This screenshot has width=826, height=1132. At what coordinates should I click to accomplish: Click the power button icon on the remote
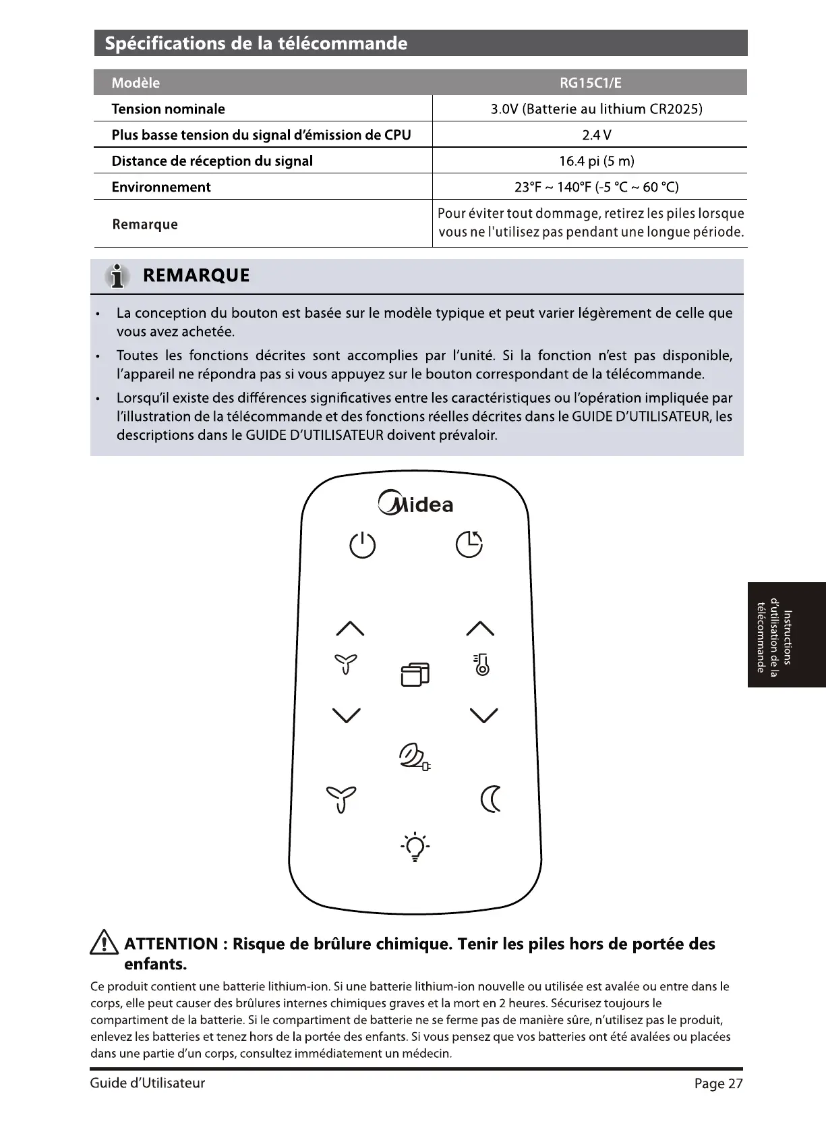tap(362, 545)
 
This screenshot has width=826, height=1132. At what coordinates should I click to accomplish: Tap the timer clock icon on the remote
tap(469, 544)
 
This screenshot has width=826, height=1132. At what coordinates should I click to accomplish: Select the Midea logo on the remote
tap(416, 504)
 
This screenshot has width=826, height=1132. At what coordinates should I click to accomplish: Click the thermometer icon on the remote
tap(481, 665)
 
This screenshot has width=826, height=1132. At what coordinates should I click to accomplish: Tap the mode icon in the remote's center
tap(415, 674)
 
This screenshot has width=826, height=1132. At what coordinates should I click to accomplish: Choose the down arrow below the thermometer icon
tap(483, 715)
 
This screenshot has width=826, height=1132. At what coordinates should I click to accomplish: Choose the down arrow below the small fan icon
tap(347, 715)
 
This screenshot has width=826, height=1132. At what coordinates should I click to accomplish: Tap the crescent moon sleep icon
tap(491, 799)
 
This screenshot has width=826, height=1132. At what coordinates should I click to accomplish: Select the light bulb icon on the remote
tap(415, 847)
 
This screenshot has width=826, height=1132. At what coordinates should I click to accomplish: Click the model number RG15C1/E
tap(590, 83)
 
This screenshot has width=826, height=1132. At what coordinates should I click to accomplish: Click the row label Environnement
tap(161, 187)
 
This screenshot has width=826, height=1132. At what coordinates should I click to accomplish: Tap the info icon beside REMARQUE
tap(118, 276)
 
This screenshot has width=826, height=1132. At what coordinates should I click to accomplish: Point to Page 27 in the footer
tap(718, 1083)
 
